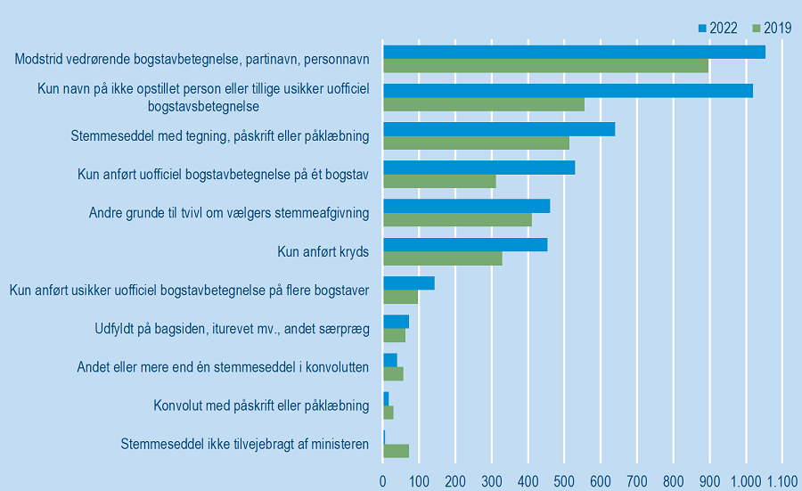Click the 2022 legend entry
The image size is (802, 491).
[x=718, y=29]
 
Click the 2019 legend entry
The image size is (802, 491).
[x=772, y=29]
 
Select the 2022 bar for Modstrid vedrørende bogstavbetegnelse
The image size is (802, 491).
[x=574, y=52]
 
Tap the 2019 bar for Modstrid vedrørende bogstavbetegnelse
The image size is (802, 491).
[x=545, y=66]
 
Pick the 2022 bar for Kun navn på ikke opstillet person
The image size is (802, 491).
[x=568, y=91]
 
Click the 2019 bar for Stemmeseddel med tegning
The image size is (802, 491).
[x=476, y=143]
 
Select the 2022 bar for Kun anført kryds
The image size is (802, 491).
[x=465, y=245]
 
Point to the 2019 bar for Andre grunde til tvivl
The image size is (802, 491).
[x=457, y=219]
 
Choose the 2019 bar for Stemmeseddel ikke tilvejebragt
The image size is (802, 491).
[x=396, y=451]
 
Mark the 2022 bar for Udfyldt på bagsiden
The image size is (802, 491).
[x=396, y=322]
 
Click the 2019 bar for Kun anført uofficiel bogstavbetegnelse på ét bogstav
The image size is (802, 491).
[x=439, y=182]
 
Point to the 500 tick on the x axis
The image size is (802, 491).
[x=564, y=481]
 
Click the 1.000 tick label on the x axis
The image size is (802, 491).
[x=745, y=481]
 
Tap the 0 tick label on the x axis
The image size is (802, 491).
[x=383, y=481]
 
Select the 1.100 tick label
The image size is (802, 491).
[x=782, y=481]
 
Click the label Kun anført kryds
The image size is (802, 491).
[x=323, y=252]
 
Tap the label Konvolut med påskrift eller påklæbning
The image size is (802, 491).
[x=261, y=406]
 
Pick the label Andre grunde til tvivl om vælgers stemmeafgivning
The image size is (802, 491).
[x=229, y=213]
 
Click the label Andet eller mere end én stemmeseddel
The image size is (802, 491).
[x=223, y=367]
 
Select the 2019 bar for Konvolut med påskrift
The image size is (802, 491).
[x=388, y=413]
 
